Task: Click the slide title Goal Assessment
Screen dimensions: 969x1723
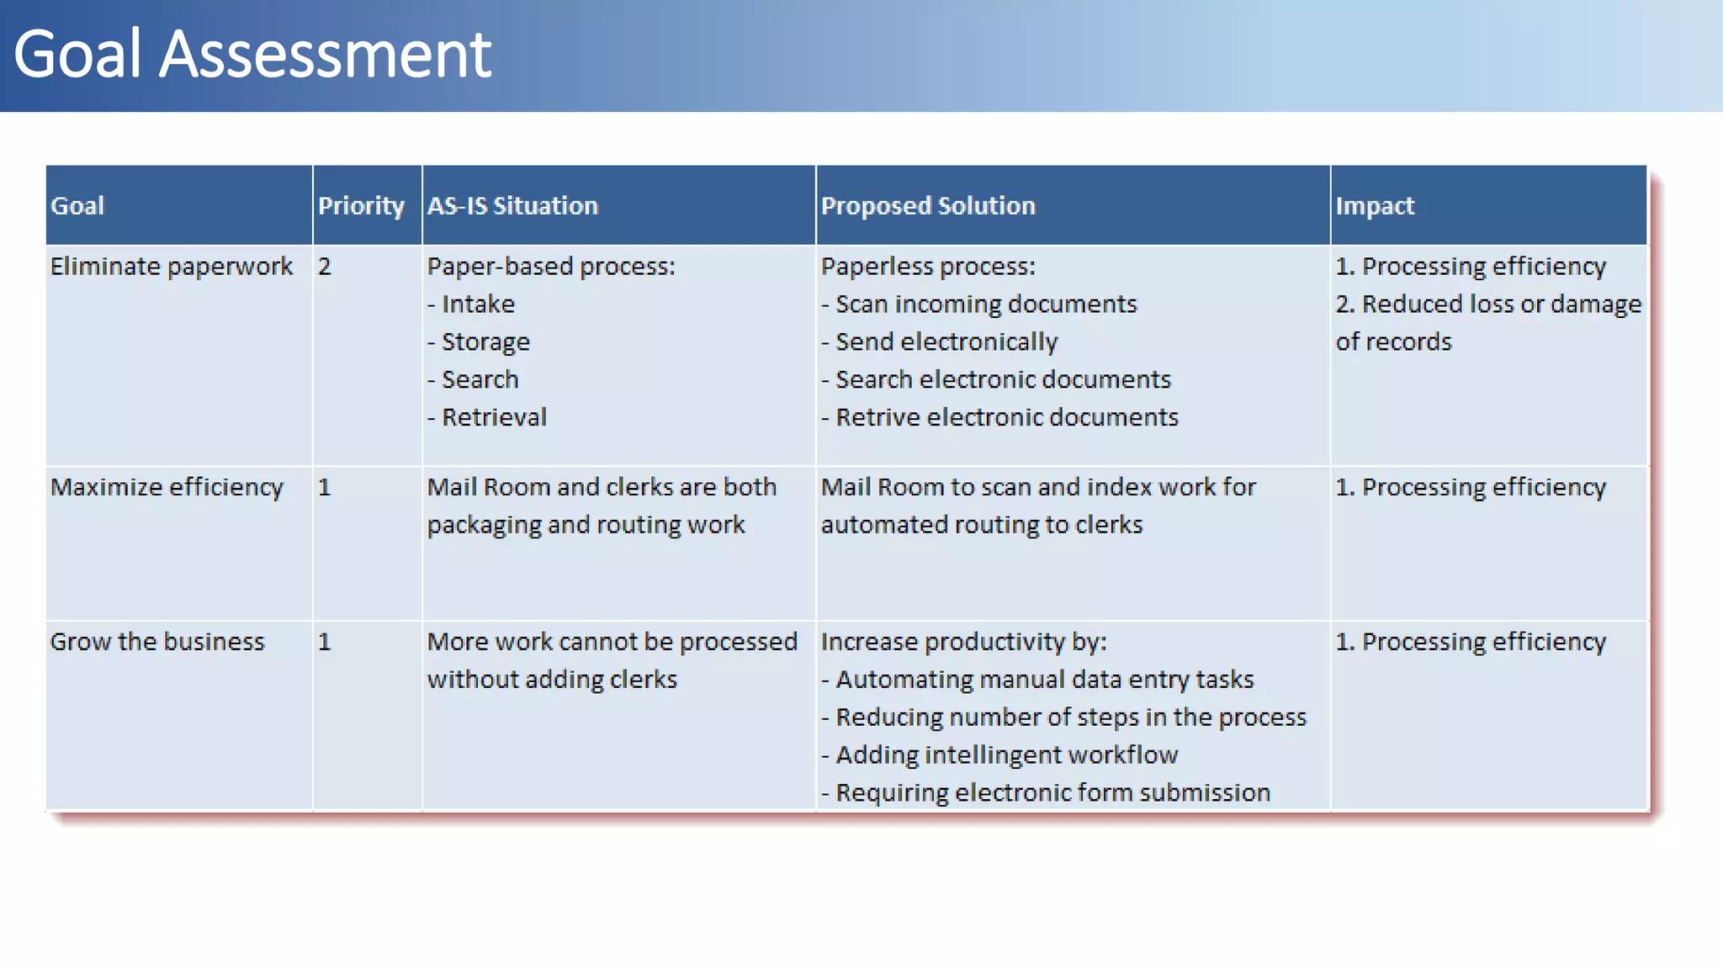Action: pos(252,55)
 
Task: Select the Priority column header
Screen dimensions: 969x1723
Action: pos(361,206)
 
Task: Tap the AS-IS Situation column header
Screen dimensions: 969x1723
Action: pos(512,206)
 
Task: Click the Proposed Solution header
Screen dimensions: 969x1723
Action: pos(928,206)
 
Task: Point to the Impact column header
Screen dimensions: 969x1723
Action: pos(1375,206)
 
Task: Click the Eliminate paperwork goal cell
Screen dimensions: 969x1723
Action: pos(171,267)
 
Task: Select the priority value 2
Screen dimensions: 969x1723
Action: pos(325,267)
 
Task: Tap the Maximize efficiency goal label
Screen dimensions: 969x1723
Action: pos(167,487)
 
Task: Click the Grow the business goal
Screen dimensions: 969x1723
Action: pos(157,642)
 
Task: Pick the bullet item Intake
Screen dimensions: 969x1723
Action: pos(478,304)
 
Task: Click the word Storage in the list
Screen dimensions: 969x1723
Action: pos(485,342)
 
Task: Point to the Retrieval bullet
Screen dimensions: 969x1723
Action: pos(494,417)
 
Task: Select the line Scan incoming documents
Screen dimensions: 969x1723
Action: pos(985,304)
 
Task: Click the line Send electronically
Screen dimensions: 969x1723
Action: pos(946,342)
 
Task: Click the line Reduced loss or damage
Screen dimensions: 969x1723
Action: pos(1487,304)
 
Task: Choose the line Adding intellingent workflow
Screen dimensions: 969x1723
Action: pos(1006,755)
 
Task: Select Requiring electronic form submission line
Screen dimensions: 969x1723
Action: pos(1052,792)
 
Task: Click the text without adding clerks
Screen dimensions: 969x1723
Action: pos(552,679)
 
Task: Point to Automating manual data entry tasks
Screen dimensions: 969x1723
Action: pos(1044,679)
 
